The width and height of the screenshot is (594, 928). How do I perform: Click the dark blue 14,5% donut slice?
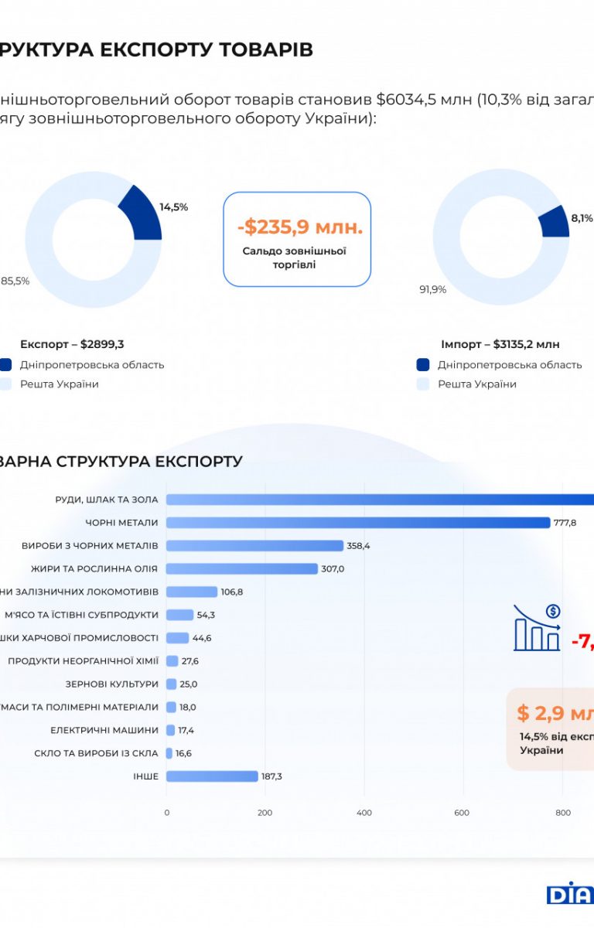[x=142, y=214]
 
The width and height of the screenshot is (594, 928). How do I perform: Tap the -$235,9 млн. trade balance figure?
[x=300, y=227]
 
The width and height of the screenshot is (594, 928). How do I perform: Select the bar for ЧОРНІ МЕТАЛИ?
[x=357, y=523]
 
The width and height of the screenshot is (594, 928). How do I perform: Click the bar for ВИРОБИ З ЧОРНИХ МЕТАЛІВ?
[x=254, y=546]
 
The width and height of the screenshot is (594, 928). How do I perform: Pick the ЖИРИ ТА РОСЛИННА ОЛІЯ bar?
[x=241, y=569]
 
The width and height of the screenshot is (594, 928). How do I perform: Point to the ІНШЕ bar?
[x=211, y=776]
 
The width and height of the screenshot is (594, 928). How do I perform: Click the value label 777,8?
[x=565, y=524]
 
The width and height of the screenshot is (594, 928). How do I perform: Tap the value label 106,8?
[x=232, y=592]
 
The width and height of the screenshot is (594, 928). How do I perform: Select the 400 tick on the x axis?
[x=364, y=813]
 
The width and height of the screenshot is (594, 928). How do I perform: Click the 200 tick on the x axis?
[x=265, y=813]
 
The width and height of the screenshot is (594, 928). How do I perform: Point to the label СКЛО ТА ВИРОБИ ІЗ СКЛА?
[x=96, y=753]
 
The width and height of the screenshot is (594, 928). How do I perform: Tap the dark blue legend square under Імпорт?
[x=422, y=365]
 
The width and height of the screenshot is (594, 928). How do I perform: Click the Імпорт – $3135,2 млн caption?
[x=500, y=344]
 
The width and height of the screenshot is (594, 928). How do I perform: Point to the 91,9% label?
[x=433, y=290]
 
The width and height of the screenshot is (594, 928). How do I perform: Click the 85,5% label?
[x=15, y=281]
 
